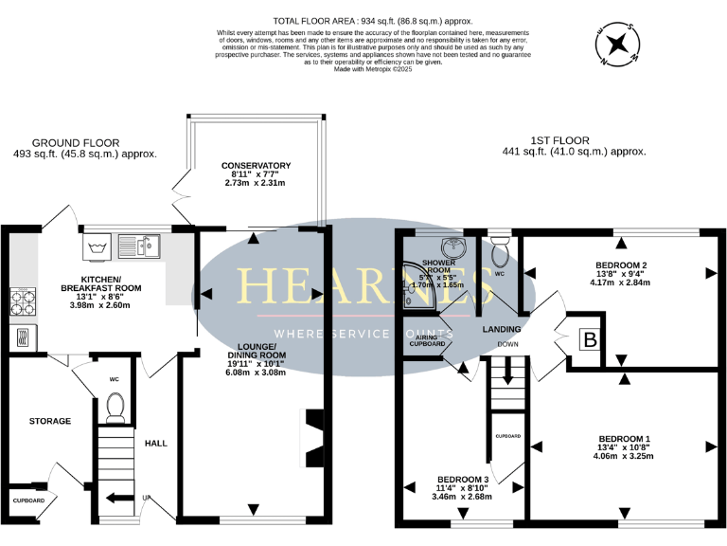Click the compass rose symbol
coord(619,45)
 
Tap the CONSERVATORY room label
coord(256,166)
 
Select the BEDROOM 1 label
coord(625,439)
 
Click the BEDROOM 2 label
coord(621,264)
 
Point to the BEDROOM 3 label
coord(464,480)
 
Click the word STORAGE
coord(50,421)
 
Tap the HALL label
coord(155,443)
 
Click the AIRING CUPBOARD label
coord(428,339)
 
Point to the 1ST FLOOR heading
coord(576,139)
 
